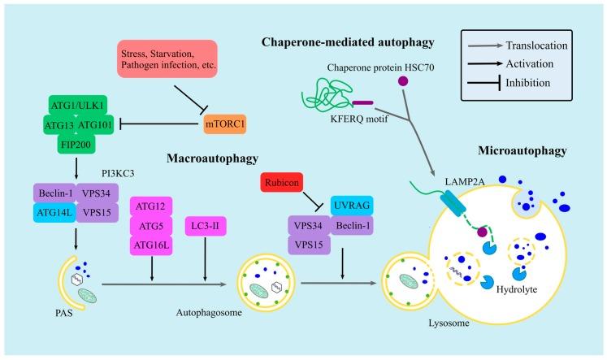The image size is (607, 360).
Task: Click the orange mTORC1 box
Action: click(225, 124)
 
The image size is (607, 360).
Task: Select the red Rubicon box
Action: click(281, 182)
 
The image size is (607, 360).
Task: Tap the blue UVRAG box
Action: click(352, 206)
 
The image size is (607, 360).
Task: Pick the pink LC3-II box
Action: click(206, 226)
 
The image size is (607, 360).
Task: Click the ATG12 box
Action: click(151, 206)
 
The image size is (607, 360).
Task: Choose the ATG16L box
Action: click(151, 245)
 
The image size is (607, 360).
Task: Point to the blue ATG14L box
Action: click(54, 213)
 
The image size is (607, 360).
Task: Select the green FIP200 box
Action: click(76, 145)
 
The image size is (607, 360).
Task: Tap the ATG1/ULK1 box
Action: click(78, 106)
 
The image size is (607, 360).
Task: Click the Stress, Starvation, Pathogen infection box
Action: click(167, 59)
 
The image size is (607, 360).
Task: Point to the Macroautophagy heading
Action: click(213, 158)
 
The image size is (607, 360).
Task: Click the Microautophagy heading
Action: click(522, 150)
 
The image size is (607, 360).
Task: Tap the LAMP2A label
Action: click(465, 181)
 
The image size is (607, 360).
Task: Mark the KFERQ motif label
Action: click(359, 119)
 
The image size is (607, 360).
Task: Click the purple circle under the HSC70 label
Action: click(403, 81)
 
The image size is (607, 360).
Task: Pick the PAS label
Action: click(64, 313)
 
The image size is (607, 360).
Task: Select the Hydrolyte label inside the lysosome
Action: click(517, 289)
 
